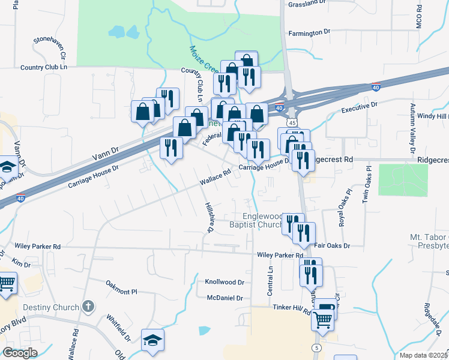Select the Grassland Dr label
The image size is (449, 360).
pyautogui.click(x=307, y=3)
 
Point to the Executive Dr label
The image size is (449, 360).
pyautogui.click(x=359, y=107)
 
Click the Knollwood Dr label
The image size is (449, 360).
pyautogui.click(x=224, y=281)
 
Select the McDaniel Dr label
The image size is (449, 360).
pyautogui.click(x=224, y=298)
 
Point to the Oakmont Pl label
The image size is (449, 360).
pyautogui.click(x=122, y=287)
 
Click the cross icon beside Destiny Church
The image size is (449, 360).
pyautogui.click(x=88, y=307)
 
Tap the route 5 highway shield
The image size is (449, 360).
pyautogui.click(x=316, y=349)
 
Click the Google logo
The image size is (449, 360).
pyautogui.click(x=20, y=353)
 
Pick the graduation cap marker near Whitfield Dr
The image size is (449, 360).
pyautogui.click(x=152, y=340)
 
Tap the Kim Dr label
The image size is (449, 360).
pyautogui.click(x=21, y=264)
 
